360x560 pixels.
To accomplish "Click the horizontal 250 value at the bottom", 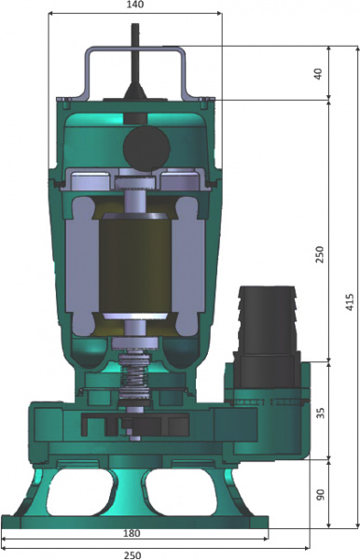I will tap(133, 553).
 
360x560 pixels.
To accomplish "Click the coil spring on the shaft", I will tap(137, 381).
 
